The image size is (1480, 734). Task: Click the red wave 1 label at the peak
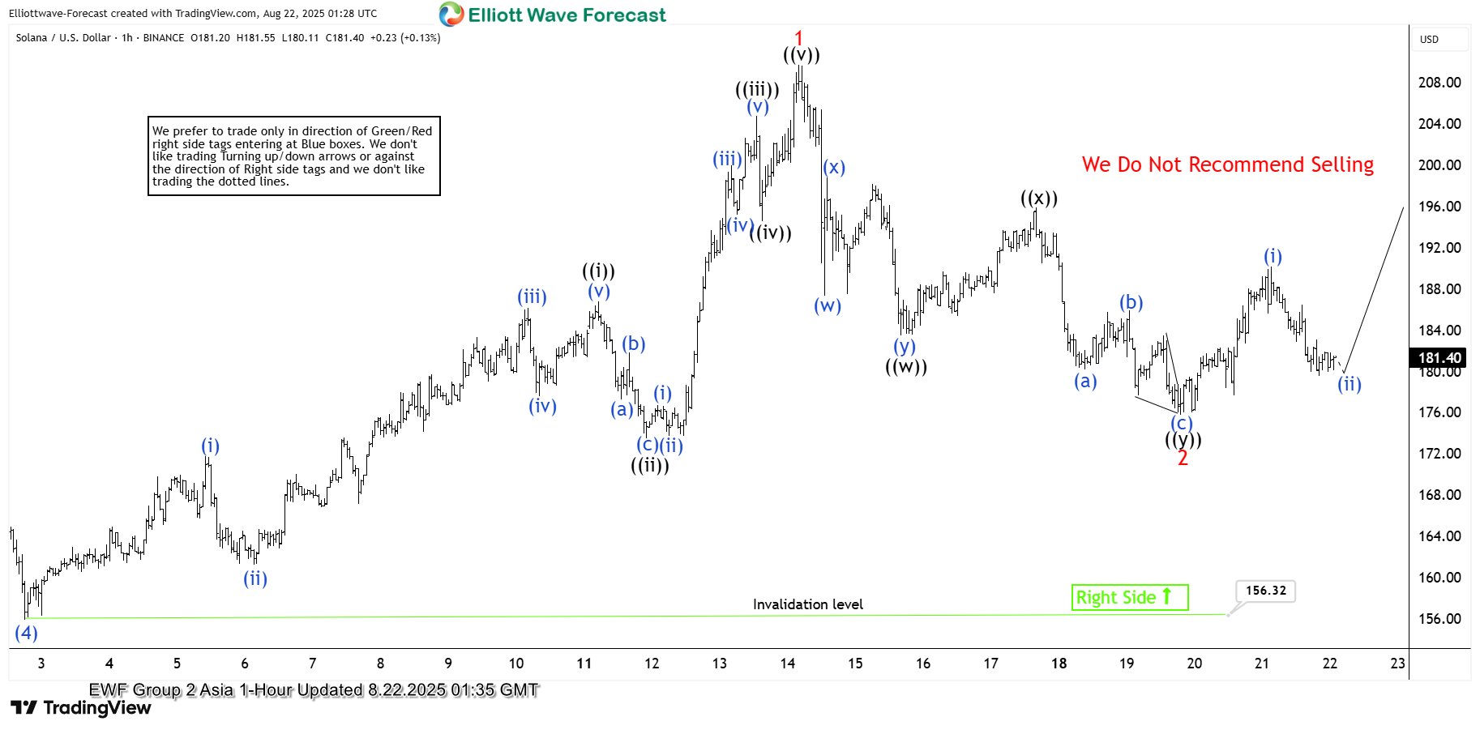click(x=798, y=37)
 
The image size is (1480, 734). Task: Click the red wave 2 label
click(x=1183, y=459)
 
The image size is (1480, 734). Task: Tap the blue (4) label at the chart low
click(x=27, y=633)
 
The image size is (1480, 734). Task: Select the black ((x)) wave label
click(x=1039, y=198)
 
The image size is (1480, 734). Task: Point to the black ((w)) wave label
click(x=906, y=367)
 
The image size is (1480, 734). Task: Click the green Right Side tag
click(x=1129, y=598)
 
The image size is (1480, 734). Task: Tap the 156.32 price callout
click(x=1265, y=591)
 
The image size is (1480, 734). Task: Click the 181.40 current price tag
click(x=1439, y=358)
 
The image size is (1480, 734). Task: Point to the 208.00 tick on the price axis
click(x=1439, y=83)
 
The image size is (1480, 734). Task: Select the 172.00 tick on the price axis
click(x=1439, y=454)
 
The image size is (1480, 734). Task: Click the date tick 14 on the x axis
click(x=788, y=664)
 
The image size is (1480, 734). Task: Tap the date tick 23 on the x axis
click(x=1397, y=664)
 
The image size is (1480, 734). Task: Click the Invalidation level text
click(x=807, y=604)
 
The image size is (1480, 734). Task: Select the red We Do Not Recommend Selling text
click(x=1227, y=164)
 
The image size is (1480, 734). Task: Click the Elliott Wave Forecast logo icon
click(x=451, y=15)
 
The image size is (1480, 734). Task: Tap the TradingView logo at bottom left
click(x=81, y=708)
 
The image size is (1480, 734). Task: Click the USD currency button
click(x=1429, y=39)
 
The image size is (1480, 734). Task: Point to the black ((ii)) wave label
click(x=650, y=466)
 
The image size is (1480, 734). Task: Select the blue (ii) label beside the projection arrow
click(x=1350, y=384)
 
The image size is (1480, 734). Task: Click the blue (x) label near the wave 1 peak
click(x=834, y=168)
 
